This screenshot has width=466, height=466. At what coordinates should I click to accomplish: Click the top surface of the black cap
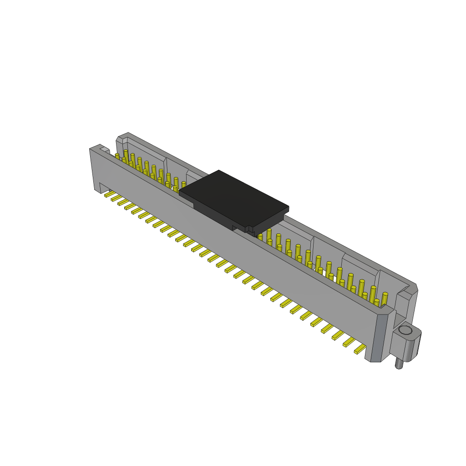coord(234,198)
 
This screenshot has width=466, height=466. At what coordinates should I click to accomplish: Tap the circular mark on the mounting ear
coord(405,330)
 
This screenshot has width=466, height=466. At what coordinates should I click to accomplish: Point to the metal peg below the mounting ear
coord(399,363)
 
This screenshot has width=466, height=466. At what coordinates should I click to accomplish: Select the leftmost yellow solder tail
coord(109,194)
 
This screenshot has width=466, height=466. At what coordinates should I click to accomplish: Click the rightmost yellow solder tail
coord(360,349)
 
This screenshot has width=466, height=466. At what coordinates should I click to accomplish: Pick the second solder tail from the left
coord(116,198)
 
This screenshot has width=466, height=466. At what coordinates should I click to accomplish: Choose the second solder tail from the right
coord(349,342)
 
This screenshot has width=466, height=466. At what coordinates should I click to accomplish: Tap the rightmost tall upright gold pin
coord(385,299)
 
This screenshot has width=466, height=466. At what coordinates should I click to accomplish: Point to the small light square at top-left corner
coord(105,149)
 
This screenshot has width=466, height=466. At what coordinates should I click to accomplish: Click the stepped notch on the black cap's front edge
coord(248,229)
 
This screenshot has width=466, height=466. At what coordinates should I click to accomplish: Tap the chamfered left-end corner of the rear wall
coord(120,138)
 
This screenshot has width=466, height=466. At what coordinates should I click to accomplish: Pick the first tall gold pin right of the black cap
coord(268,236)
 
